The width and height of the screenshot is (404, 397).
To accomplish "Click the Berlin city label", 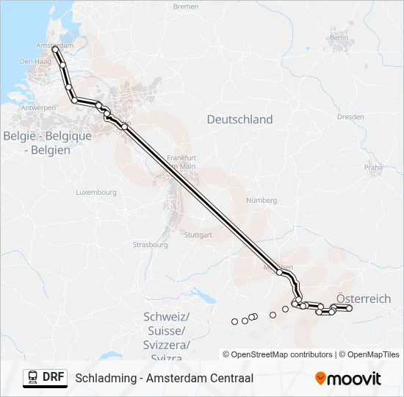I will click(x=339, y=37).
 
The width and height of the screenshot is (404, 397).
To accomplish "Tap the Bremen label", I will click(x=186, y=7).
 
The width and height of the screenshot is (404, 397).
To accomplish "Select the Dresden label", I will click(x=350, y=117).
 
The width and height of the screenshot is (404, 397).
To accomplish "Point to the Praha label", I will click(x=373, y=168).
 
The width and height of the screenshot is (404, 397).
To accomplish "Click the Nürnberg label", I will click(x=261, y=200).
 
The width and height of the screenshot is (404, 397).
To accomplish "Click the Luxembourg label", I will click(x=96, y=193).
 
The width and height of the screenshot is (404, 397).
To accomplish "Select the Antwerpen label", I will click(x=39, y=108).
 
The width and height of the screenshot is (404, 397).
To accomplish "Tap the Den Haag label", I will click(x=34, y=62).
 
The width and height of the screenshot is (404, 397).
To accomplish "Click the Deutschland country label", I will click(x=239, y=119).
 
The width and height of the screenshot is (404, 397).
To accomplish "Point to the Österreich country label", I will click(x=364, y=298).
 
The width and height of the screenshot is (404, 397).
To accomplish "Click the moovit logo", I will click(x=348, y=379).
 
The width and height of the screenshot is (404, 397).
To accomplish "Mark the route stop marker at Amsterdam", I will click(x=56, y=49).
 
